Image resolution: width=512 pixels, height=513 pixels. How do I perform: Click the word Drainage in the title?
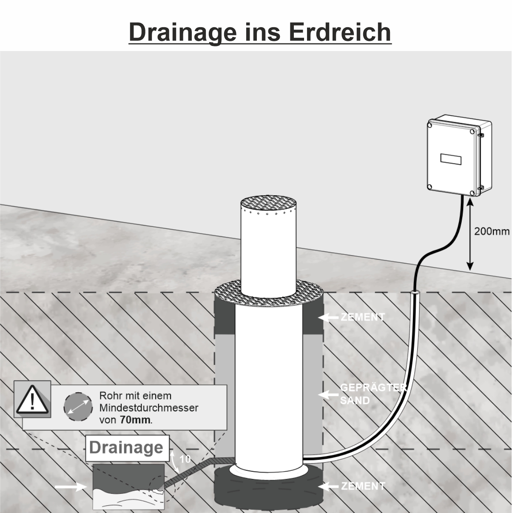[183, 32]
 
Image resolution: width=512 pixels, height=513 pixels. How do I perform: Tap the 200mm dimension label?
[492, 231]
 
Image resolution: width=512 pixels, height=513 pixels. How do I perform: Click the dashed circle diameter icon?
[78, 407]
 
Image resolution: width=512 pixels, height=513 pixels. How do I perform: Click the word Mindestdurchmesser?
[149, 408]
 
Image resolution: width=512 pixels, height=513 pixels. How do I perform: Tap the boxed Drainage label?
[127, 448]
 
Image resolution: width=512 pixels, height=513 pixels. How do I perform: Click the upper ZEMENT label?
[363, 317]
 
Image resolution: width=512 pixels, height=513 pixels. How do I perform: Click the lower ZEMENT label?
[363, 486]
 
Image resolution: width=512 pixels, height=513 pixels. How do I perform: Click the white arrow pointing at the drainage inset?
[71, 487]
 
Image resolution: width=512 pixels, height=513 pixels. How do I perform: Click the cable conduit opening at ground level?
[415, 292]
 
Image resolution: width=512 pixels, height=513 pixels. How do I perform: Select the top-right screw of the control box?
[472, 131]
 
